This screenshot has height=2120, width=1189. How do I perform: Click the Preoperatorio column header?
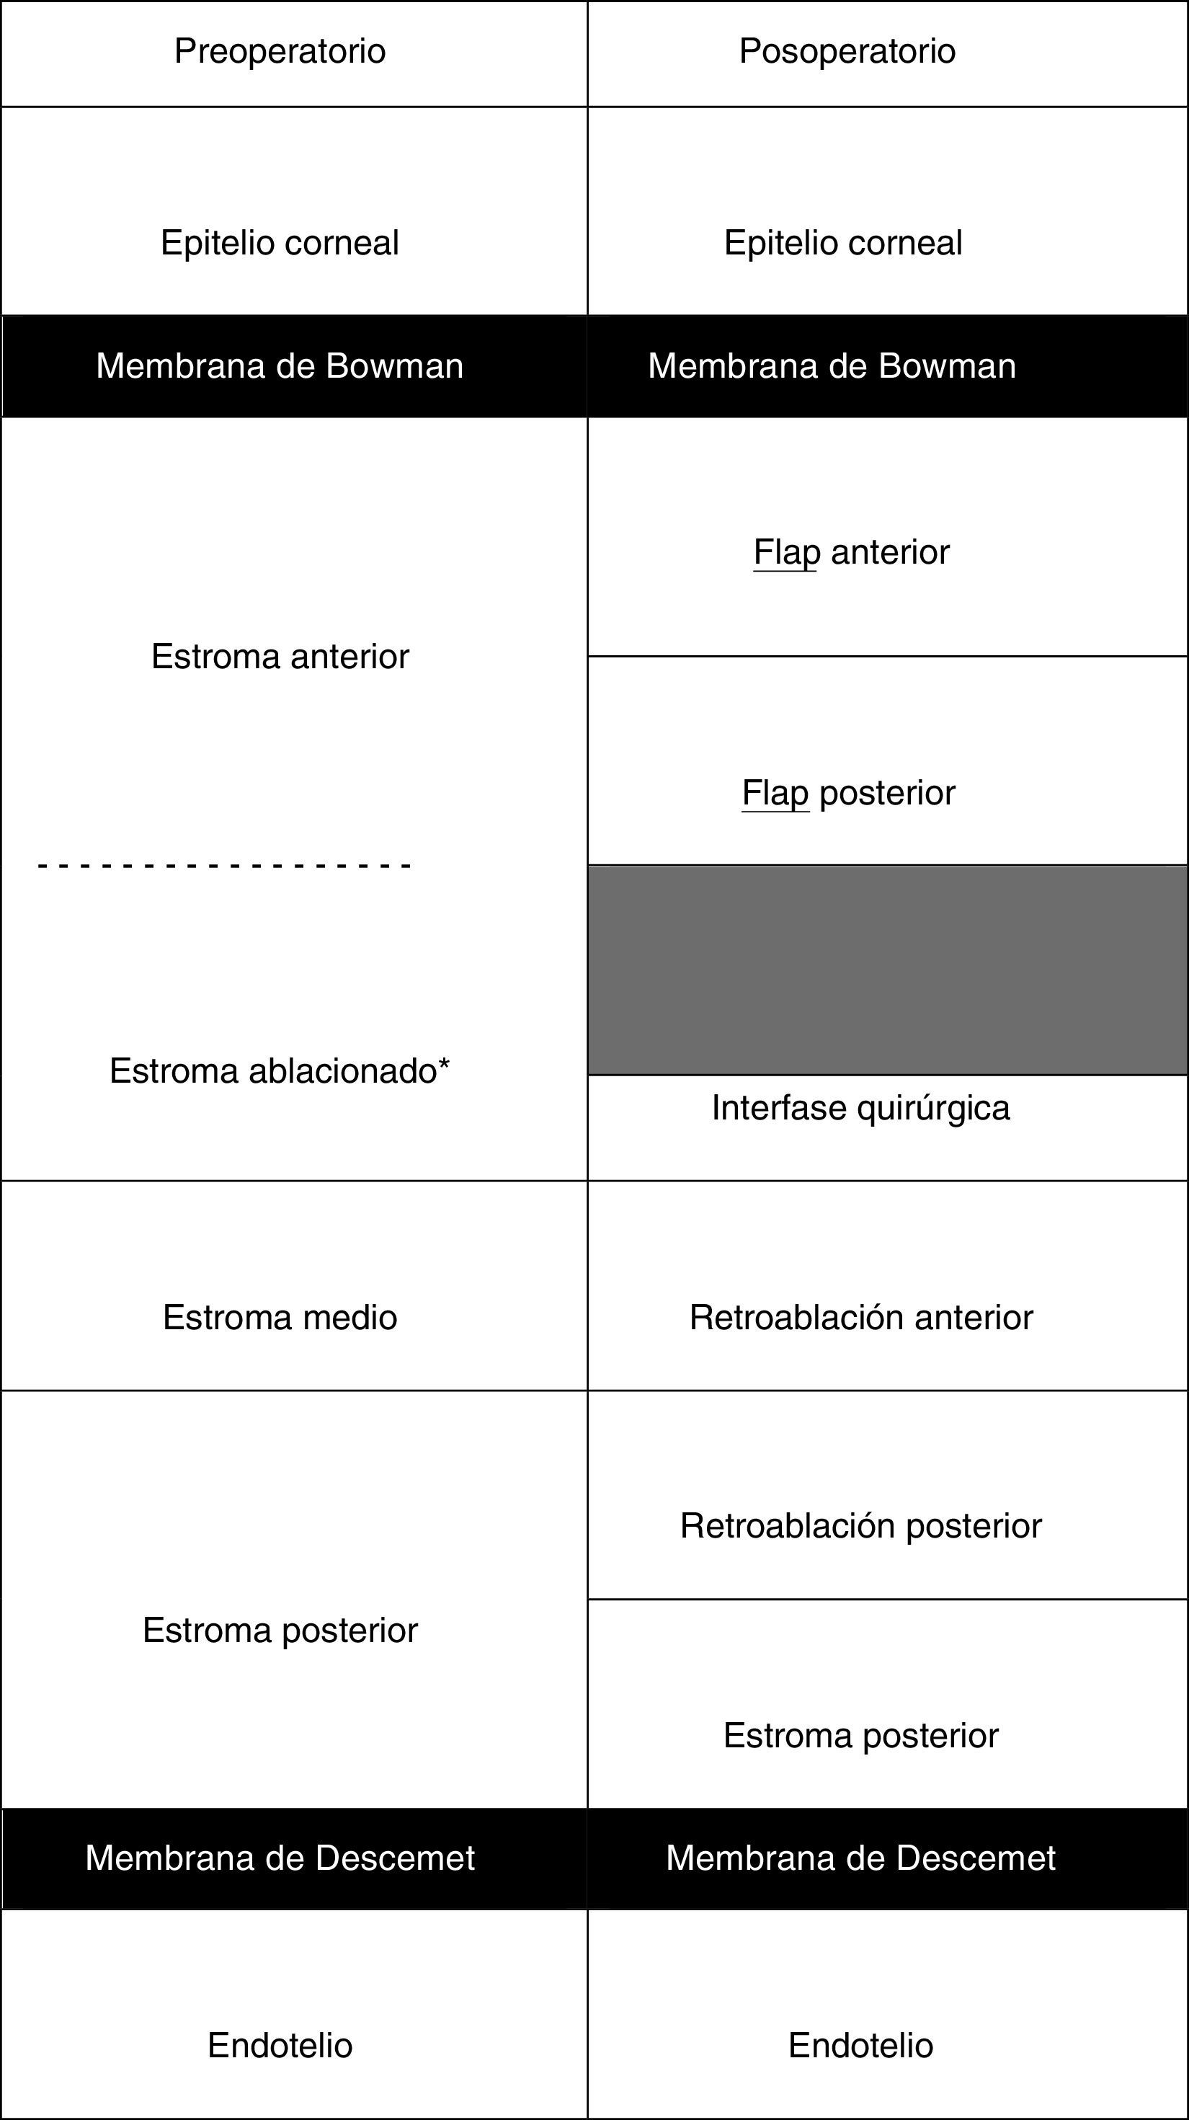click(280, 51)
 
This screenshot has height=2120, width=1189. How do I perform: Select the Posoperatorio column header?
click(847, 51)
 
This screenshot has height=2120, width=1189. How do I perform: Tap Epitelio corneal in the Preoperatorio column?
click(280, 243)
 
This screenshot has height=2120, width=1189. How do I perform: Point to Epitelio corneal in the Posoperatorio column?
click(842, 243)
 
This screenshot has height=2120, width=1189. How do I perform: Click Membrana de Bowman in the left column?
click(280, 365)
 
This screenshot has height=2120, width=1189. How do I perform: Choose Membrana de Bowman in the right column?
click(831, 365)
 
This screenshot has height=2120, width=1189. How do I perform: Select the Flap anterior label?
click(851, 552)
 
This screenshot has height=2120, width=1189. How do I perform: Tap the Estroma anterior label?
click(280, 657)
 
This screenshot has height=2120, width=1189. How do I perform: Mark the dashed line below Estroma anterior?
click(224, 866)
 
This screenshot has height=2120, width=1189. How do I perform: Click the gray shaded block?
click(887, 970)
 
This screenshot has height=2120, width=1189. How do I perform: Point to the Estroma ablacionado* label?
click(280, 1070)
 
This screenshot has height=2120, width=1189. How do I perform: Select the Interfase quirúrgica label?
click(860, 1108)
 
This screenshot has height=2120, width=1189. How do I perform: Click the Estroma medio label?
click(280, 1318)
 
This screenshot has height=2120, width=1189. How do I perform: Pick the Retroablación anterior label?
click(860, 1318)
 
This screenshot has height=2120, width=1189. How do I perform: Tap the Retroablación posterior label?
click(860, 1526)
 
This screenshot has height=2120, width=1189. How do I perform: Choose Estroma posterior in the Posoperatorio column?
click(860, 1736)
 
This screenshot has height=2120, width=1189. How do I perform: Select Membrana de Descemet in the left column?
click(280, 1858)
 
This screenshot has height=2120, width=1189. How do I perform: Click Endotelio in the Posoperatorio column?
click(860, 2045)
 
